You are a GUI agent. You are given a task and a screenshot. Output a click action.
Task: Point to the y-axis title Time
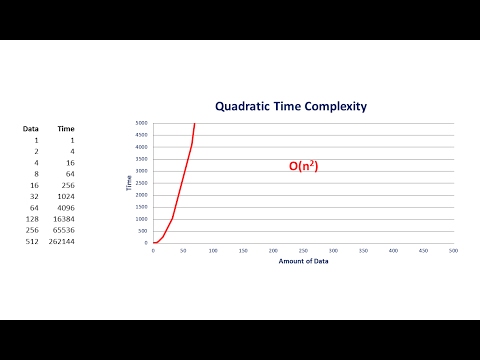[x=128, y=183]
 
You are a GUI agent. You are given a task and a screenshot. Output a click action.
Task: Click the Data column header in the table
[x=31, y=128]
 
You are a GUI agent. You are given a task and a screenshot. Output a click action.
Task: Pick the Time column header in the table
[x=65, y=128]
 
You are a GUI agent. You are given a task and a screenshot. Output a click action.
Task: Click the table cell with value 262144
[x=60, y=242]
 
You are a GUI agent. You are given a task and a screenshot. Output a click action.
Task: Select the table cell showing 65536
[x=62, y=229]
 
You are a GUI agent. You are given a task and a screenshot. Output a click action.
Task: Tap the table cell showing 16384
[x=62, y=216]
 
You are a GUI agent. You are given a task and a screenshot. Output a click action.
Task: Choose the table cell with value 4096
[x=64, y=204]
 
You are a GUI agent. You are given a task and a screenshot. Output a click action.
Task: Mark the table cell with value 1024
[x=64, y=191]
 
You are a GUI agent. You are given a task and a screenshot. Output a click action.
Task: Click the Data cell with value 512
[x=32, y=242]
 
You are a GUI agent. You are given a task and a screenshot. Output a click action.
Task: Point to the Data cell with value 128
[x=32, y=216]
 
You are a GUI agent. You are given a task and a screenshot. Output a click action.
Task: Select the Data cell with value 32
[x=34, y=191]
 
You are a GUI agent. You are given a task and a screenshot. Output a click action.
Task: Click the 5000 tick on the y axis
[x=141, y=123]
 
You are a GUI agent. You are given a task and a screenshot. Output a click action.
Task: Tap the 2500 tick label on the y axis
[x=141, y=183]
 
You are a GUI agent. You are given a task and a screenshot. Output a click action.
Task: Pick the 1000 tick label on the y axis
[x=141, y=219]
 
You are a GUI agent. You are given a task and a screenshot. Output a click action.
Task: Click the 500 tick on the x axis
[x=453, y=250]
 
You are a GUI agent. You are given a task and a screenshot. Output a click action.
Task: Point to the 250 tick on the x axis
[x=303, y=250]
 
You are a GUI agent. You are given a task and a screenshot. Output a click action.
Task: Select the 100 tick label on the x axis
[x=213, y=250]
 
